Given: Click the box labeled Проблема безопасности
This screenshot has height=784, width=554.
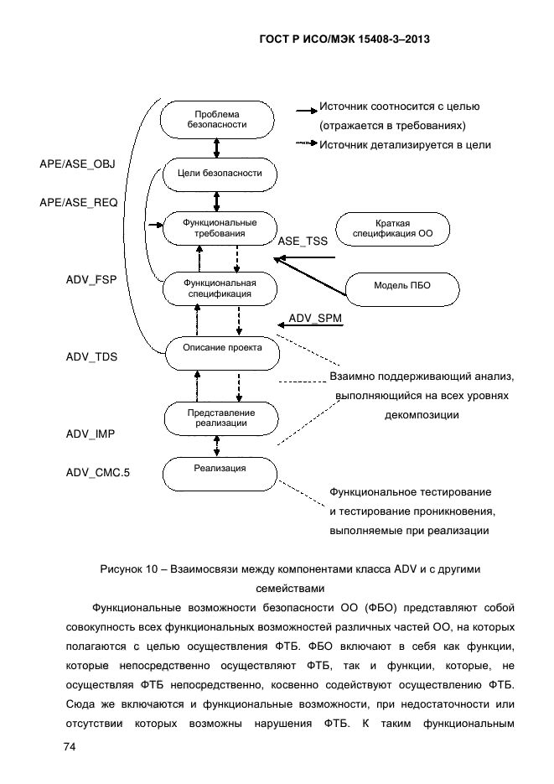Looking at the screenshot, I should (x=217, y=119).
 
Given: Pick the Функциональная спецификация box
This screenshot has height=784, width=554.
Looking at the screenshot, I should (x=218, y=288).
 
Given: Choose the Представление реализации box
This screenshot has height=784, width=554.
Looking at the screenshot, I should (x=221, y=418).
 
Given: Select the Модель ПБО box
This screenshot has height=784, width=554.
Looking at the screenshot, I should (x=402, y=286).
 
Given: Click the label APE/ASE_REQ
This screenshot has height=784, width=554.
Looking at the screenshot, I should (x=78, y=203).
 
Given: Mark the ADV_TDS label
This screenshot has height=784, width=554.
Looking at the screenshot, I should (x=91, y=356).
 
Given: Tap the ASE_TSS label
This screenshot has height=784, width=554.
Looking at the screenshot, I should (x=303, y=240).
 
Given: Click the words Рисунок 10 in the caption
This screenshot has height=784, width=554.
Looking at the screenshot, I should (x=127, y=570).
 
